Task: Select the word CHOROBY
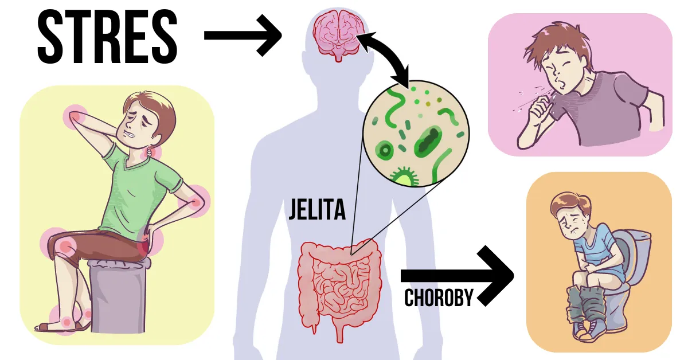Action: pos(439,298)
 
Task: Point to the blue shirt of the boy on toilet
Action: pos(596,246)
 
